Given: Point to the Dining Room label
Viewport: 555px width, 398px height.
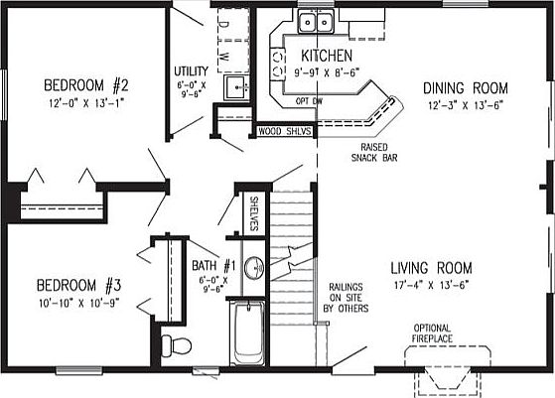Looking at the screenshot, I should coord(458,87).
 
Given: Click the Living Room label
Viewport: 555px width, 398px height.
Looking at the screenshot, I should coord(430,268).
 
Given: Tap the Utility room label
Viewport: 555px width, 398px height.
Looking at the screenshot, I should coord(190,72).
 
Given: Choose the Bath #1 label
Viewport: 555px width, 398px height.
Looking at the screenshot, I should coord(213,266).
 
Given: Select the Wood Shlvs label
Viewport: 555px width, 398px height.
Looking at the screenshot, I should coord(285,130).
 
